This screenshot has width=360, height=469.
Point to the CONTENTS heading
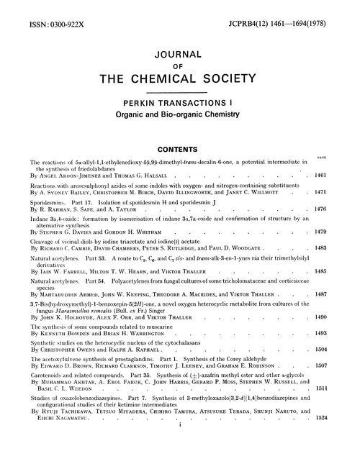[179, 142]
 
